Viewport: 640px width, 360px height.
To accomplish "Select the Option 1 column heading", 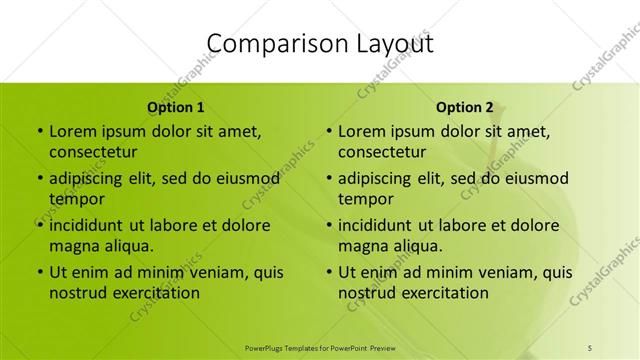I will [x=176, y=107].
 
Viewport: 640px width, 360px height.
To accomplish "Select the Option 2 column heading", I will [x=465, y=107].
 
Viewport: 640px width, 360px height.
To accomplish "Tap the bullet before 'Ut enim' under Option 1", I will [x=38, y=272].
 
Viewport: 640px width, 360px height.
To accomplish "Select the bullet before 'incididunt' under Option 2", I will [x=328, y=225].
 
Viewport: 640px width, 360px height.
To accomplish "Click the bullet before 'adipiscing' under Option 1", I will [x=38, y=178].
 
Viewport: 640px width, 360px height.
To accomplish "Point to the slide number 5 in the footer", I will [x=590, y=347].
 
